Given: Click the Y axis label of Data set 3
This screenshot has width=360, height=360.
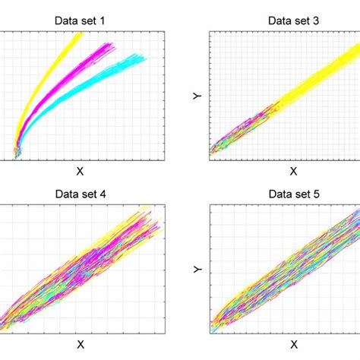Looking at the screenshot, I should tap(195, 96).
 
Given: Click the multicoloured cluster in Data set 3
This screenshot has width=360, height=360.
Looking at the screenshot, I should tap(235, 133).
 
